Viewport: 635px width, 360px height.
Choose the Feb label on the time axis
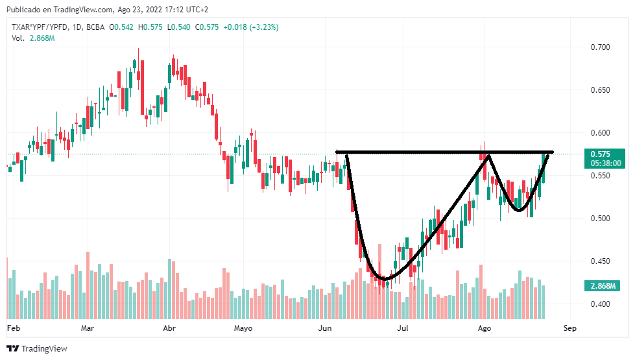click(14, 328)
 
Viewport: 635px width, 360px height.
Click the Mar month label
click(88, 328)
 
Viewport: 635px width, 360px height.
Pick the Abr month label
click(169, 328)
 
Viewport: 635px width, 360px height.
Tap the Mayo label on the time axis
click(243, 328)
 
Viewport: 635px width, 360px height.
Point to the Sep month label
click(570, 328)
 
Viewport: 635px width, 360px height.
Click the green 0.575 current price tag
click(601, 154)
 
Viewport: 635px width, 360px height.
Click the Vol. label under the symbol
click(18, 38)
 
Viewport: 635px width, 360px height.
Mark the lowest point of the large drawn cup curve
click(384, 279)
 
